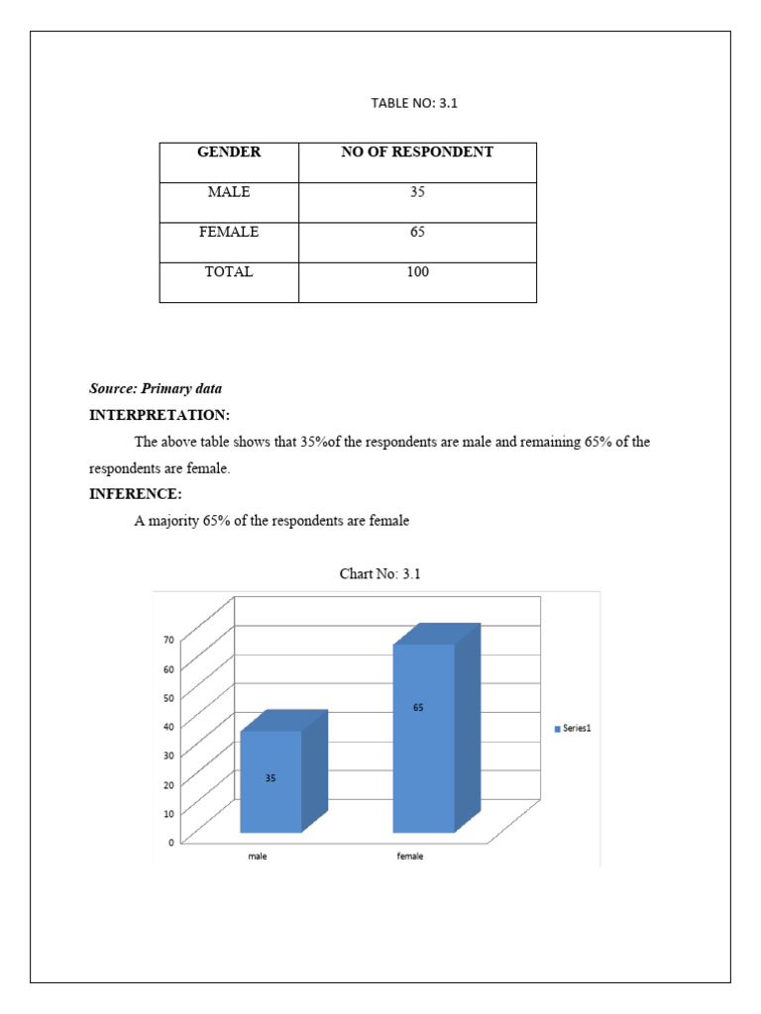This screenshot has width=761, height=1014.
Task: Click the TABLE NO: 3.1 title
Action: point(416,103)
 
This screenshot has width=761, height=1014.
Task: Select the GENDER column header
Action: point(229,152)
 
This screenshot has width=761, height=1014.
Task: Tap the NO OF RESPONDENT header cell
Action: point(417,152)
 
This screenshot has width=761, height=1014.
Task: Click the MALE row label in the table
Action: point(229,192)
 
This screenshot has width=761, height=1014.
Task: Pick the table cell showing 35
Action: point(417,192)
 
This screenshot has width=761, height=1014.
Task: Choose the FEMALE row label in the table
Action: point(229,232)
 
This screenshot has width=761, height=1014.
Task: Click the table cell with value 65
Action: point(417,232)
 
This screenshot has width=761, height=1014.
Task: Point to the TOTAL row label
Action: point(229,271)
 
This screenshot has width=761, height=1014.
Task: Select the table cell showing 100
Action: point(417,271)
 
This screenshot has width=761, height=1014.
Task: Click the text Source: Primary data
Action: point(156,389)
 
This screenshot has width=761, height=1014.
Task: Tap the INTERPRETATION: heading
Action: point(160,415)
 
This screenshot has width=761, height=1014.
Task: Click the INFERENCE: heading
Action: point(136,494)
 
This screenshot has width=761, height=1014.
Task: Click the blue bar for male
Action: point(271,782)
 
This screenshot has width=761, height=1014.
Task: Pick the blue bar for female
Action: point(424,738)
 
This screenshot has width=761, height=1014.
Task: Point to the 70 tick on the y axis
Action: point(168,640)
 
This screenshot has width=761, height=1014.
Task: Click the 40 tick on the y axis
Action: point(168,727)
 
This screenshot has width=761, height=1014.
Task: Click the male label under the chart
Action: point(258,857)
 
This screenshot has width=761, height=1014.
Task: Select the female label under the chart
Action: point(410,857)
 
